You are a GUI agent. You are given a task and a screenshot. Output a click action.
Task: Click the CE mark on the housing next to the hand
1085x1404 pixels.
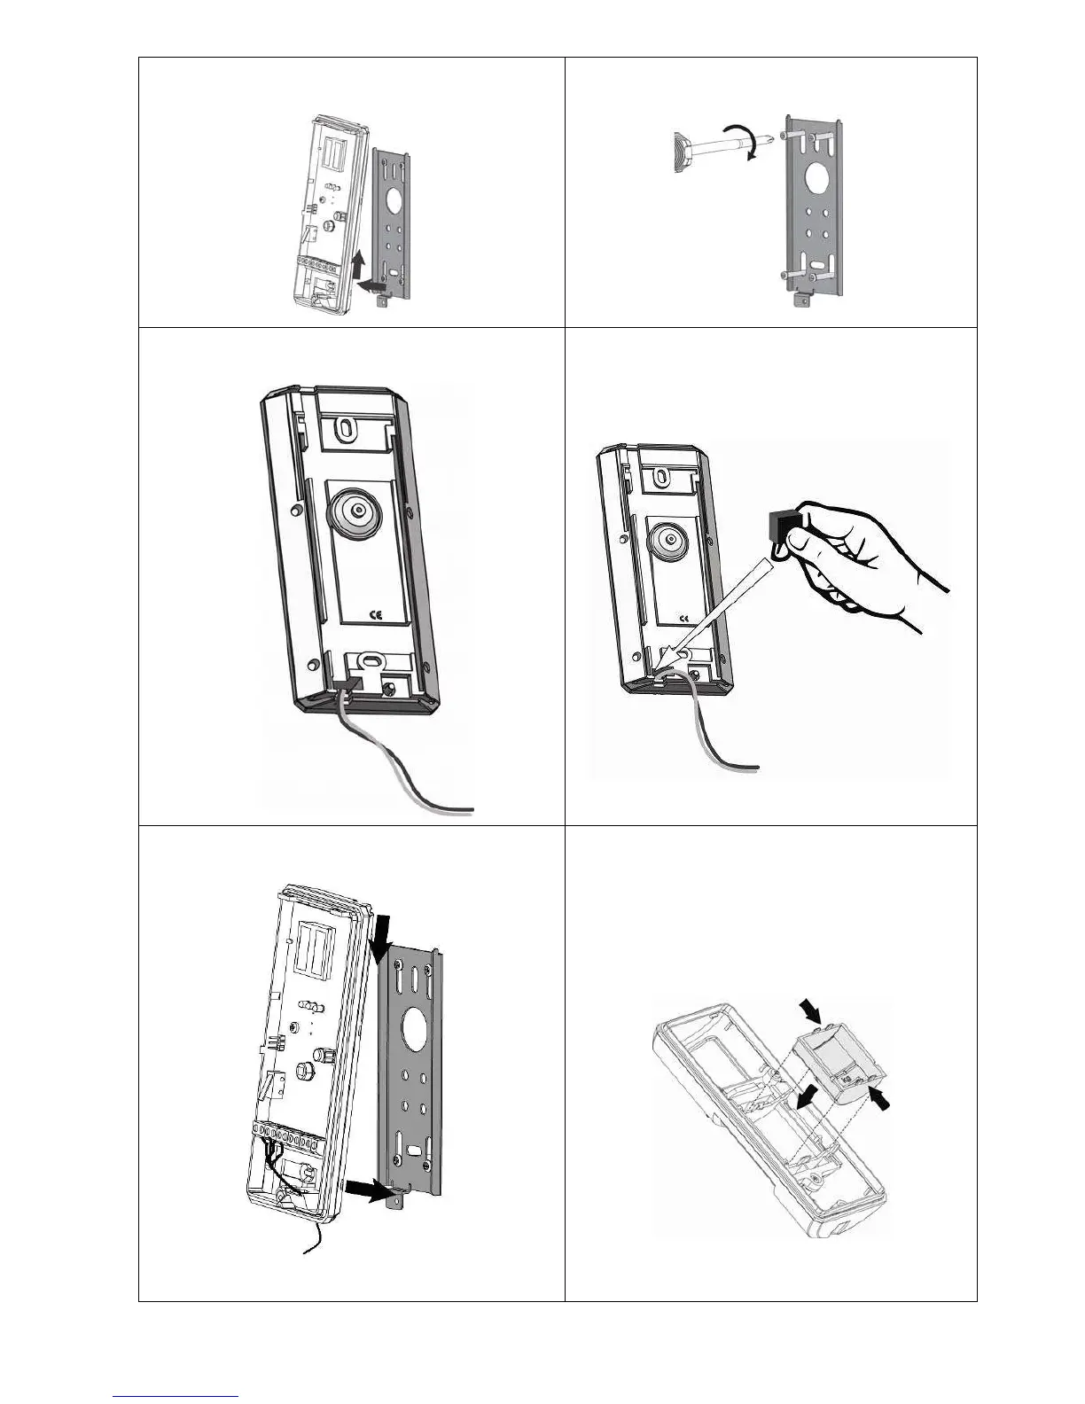(x=683, y=619)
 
